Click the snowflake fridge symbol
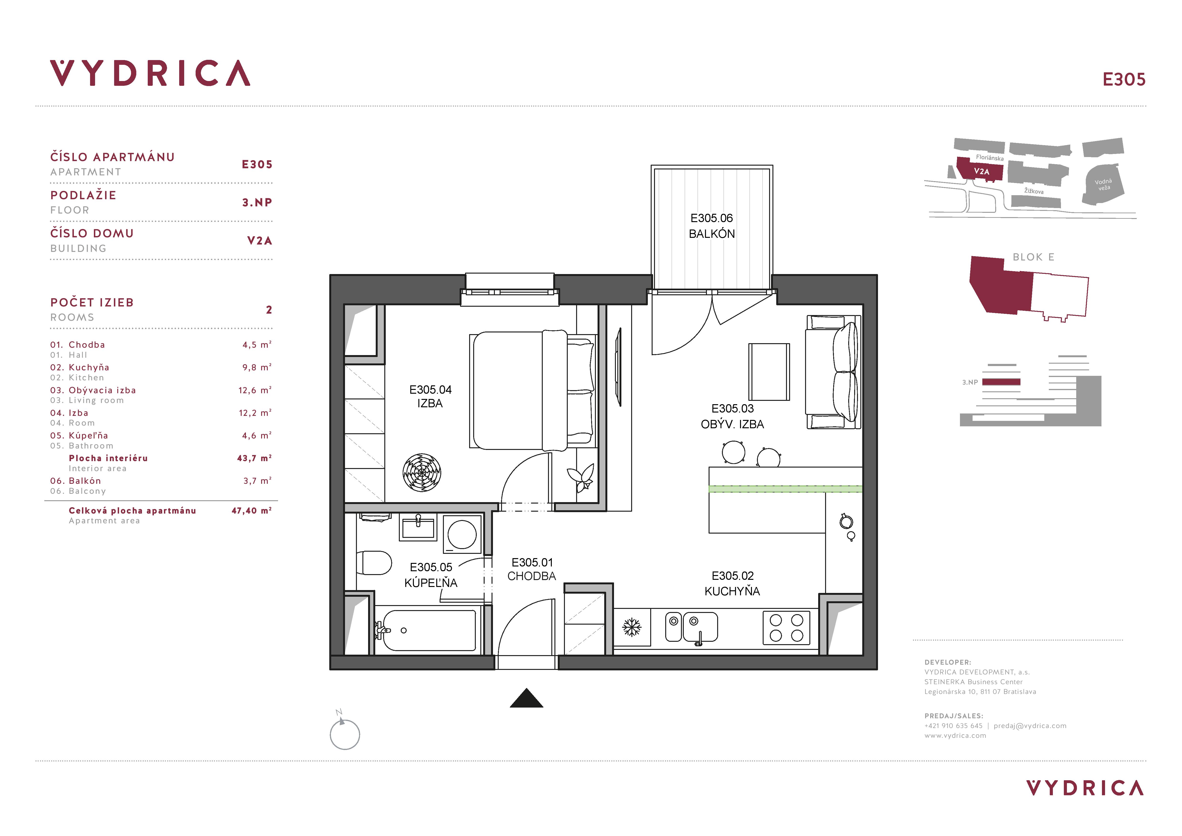pyautogui.click(x=632, y=627)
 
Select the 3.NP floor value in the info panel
pyautogui.click(x=257, y=202)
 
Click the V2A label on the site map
pyautogui.click(x=981, y=171)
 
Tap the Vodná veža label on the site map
pyautogui.click(x=1103, y=184)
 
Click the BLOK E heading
pyautogui.click(x=1033, y=257)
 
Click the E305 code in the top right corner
pyautogui.click(x=1124, y=79)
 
